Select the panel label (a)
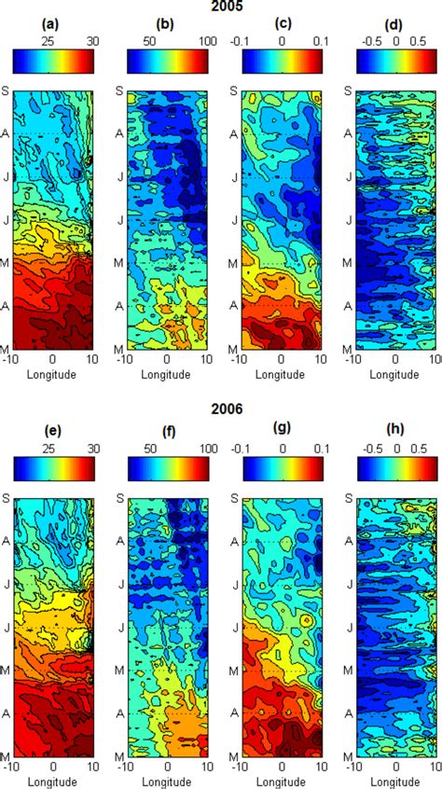(x=52, y=25)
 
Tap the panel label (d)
(x=395, y=25)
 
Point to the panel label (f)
(x=167, y=429)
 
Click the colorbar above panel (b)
(x=167, y=61)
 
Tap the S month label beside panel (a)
(x=6, y=91)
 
